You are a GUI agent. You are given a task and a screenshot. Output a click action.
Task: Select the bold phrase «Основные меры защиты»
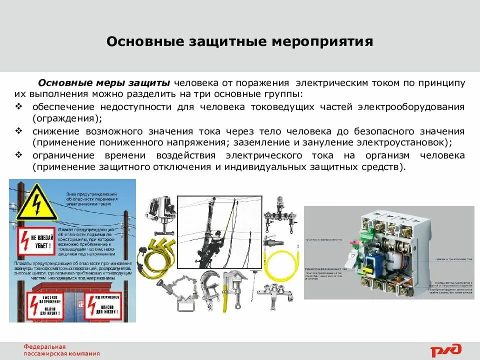coord(104,82)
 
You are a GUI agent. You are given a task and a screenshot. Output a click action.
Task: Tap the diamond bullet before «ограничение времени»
coord(18,155)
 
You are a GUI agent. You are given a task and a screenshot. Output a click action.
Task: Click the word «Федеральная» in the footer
coord(45,346)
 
